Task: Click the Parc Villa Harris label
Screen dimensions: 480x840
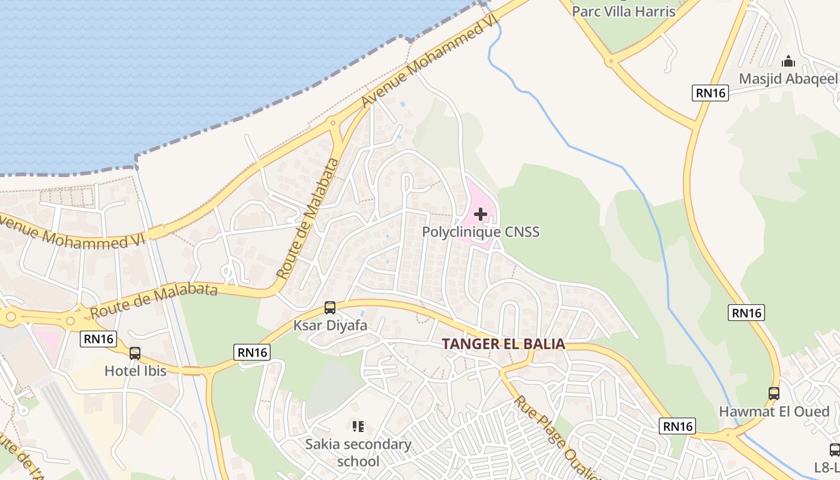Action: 623,11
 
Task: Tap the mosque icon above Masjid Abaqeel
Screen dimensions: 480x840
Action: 788,61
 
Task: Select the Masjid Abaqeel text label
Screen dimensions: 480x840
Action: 787,79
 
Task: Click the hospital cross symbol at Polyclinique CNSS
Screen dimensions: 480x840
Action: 480,214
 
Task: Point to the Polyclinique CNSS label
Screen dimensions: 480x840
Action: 481,232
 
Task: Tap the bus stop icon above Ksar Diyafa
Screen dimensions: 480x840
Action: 330,308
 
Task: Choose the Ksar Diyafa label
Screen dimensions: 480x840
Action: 330,325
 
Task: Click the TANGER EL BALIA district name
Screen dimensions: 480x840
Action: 504,344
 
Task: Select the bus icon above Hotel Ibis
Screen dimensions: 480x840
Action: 135,353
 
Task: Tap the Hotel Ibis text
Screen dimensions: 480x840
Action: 136,371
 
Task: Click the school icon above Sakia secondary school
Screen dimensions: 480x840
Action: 358,427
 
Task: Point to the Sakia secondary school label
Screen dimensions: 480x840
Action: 358,452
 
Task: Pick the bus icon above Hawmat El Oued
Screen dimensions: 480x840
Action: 774,394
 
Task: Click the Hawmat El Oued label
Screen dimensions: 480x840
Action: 774,412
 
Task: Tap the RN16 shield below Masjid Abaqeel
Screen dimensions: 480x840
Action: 710,93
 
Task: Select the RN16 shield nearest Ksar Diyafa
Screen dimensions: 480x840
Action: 253,352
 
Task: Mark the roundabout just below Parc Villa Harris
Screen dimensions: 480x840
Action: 610,61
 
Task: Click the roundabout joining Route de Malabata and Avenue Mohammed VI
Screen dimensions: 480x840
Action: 334,122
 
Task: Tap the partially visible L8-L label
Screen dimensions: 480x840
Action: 827,467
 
